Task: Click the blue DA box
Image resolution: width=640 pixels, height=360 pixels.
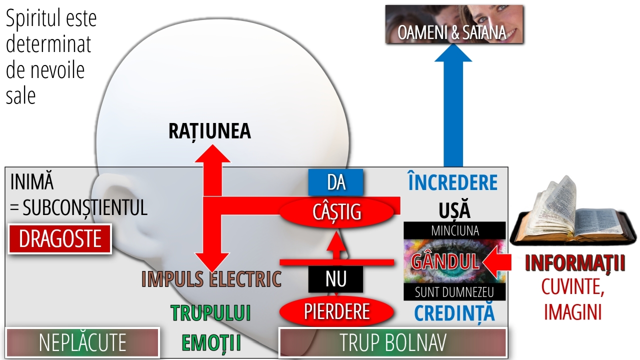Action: pyautogui.click(x=335, y=182)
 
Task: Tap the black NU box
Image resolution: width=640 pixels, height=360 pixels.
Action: pyautogui.click(x=335, y=279)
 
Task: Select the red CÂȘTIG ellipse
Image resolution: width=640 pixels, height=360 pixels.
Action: pyautogui.click(x=336, y=211)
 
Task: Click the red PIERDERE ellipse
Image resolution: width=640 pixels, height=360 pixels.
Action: pyautogui.click(x=336, y=311)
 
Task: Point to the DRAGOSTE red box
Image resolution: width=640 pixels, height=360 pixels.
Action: pyautogui.click(x=59, y=239)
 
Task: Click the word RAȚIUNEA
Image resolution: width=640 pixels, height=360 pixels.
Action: pyautogui.click(x=209, y=131)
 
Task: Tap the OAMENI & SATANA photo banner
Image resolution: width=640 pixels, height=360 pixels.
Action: pyautogui.click(x=454, y=24)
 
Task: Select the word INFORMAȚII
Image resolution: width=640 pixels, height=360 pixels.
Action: pyautogui.click(x=575, y=263)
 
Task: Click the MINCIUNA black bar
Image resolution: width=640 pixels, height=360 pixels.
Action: pyautogui.click(x=454, y=230)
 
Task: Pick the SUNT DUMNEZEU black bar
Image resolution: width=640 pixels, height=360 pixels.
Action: pyautogui.click(x=454, y=291)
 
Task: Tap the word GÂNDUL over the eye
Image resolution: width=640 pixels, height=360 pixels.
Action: pyautogui.click(x=445, y=261)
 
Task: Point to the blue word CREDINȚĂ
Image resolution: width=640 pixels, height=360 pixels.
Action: pyautogui.click(x=454, y=312)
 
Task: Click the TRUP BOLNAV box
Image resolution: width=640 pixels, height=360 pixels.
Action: pyautogui.click(x=392, y=342)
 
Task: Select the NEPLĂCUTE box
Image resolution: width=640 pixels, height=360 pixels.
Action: pyautogui.click(x=82, y=342)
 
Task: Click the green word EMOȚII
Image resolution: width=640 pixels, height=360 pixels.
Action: pyautogui.click(x=211, y=342)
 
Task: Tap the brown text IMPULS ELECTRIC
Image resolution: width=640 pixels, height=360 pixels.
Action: pyautogui.click(x=211, y=279)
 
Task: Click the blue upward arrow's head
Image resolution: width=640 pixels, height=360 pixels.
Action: pyautogui.click(x=453, y=52)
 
